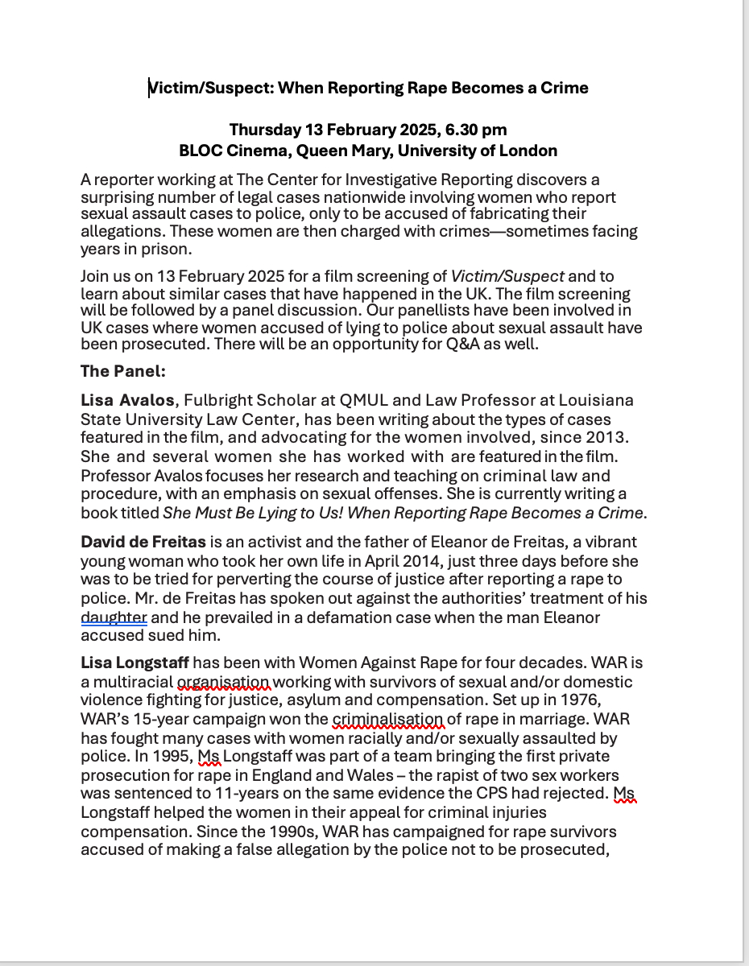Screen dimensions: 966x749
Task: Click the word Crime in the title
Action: (564, 88)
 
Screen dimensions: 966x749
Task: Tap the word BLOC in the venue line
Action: (200, 151)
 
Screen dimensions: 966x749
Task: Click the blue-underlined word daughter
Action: (114, 617)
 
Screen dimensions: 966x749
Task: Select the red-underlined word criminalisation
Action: (387, 719)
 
